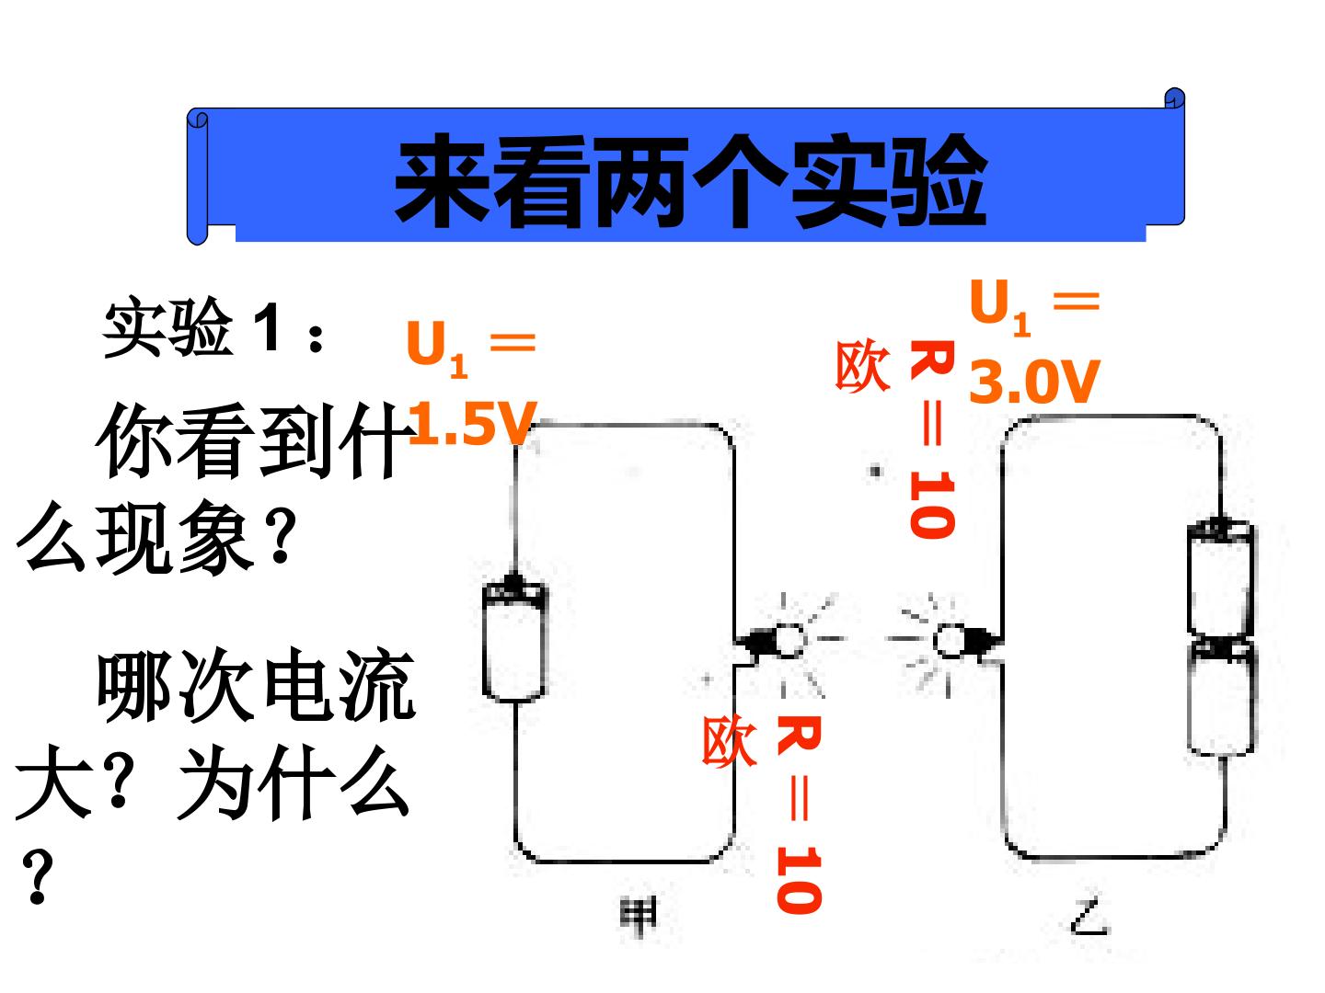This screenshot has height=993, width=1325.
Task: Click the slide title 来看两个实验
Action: pyautogui.click(x=690, y=181)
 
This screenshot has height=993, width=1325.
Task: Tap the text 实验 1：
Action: pyautogui.click(x=213, y=327)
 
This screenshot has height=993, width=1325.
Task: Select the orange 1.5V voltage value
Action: pyautogui.click(x=472, y=423)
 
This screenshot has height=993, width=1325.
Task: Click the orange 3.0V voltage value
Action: pyautogui.click(x=1034, y=381)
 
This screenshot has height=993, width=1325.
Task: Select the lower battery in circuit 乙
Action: pyautogui.click(x=1222, y=696)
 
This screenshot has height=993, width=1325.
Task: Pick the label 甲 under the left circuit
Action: pyautogui.click(x=638, y=917)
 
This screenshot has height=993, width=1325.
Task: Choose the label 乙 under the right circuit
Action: pyautogui.click(x=1090, y=919)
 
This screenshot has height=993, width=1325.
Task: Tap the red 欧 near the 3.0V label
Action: pyautogui.click(x=862, y=365)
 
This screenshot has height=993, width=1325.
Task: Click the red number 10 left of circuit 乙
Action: pyautogui.click(x=932, y=504)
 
